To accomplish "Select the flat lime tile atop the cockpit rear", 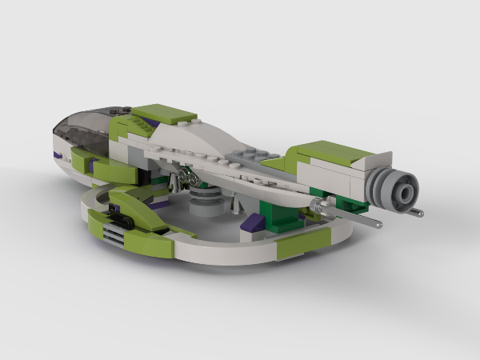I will [163, 114].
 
